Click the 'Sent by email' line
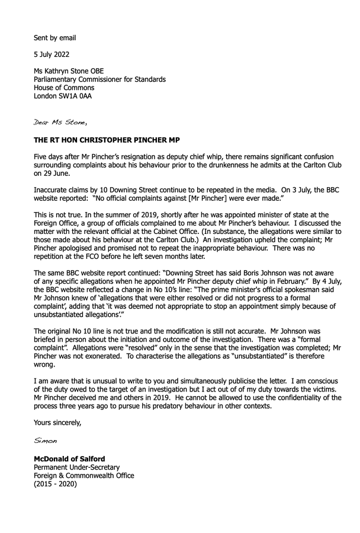coord(55,38)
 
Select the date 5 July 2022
coord(52,54)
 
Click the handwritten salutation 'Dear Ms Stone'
coord(60,123)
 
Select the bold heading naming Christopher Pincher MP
coord(107,141)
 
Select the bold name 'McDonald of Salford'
coord(70,458)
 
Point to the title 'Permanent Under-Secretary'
coord(76,467)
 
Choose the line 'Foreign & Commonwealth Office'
coord(83,476)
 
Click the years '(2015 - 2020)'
coord(56,484)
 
